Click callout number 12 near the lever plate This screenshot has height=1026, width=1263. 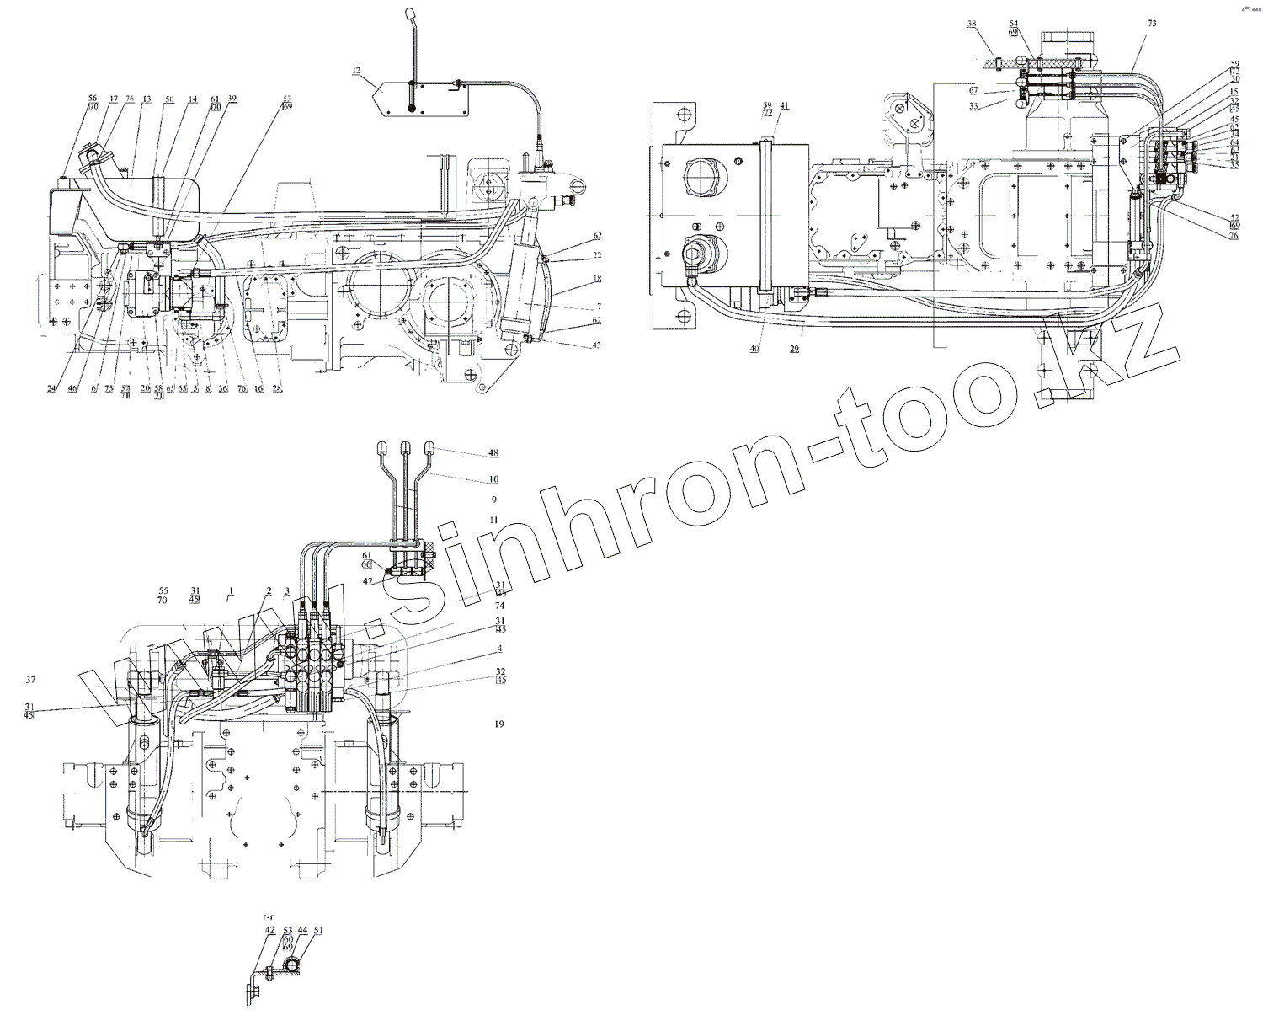click(x=356, y=72)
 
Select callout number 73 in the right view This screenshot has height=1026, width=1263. click(x=1153, y=25)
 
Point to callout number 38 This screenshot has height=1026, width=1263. click(x=973, y=24)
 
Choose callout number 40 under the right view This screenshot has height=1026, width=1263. click(x=754, y=348)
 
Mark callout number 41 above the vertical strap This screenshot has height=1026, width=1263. click(x=784, y=106)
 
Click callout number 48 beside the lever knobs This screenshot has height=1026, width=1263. click(x=493, y=453)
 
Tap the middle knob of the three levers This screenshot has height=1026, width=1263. click(x=406, y=446)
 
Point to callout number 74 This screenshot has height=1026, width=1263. click(x=499, y=606)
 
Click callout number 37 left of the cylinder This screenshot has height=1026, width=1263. click(x=31, y=680)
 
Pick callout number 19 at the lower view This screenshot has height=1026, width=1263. click(x=499, y=724)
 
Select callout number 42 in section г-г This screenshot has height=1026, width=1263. click(x=270, y=930)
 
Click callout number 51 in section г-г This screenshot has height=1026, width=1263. click(x=318, y=930)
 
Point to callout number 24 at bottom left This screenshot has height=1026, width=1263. click(x=52, y=388)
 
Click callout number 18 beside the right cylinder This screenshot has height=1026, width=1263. click(x=596, y=278)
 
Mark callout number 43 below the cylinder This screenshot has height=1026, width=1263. click(x=596, y=346)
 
